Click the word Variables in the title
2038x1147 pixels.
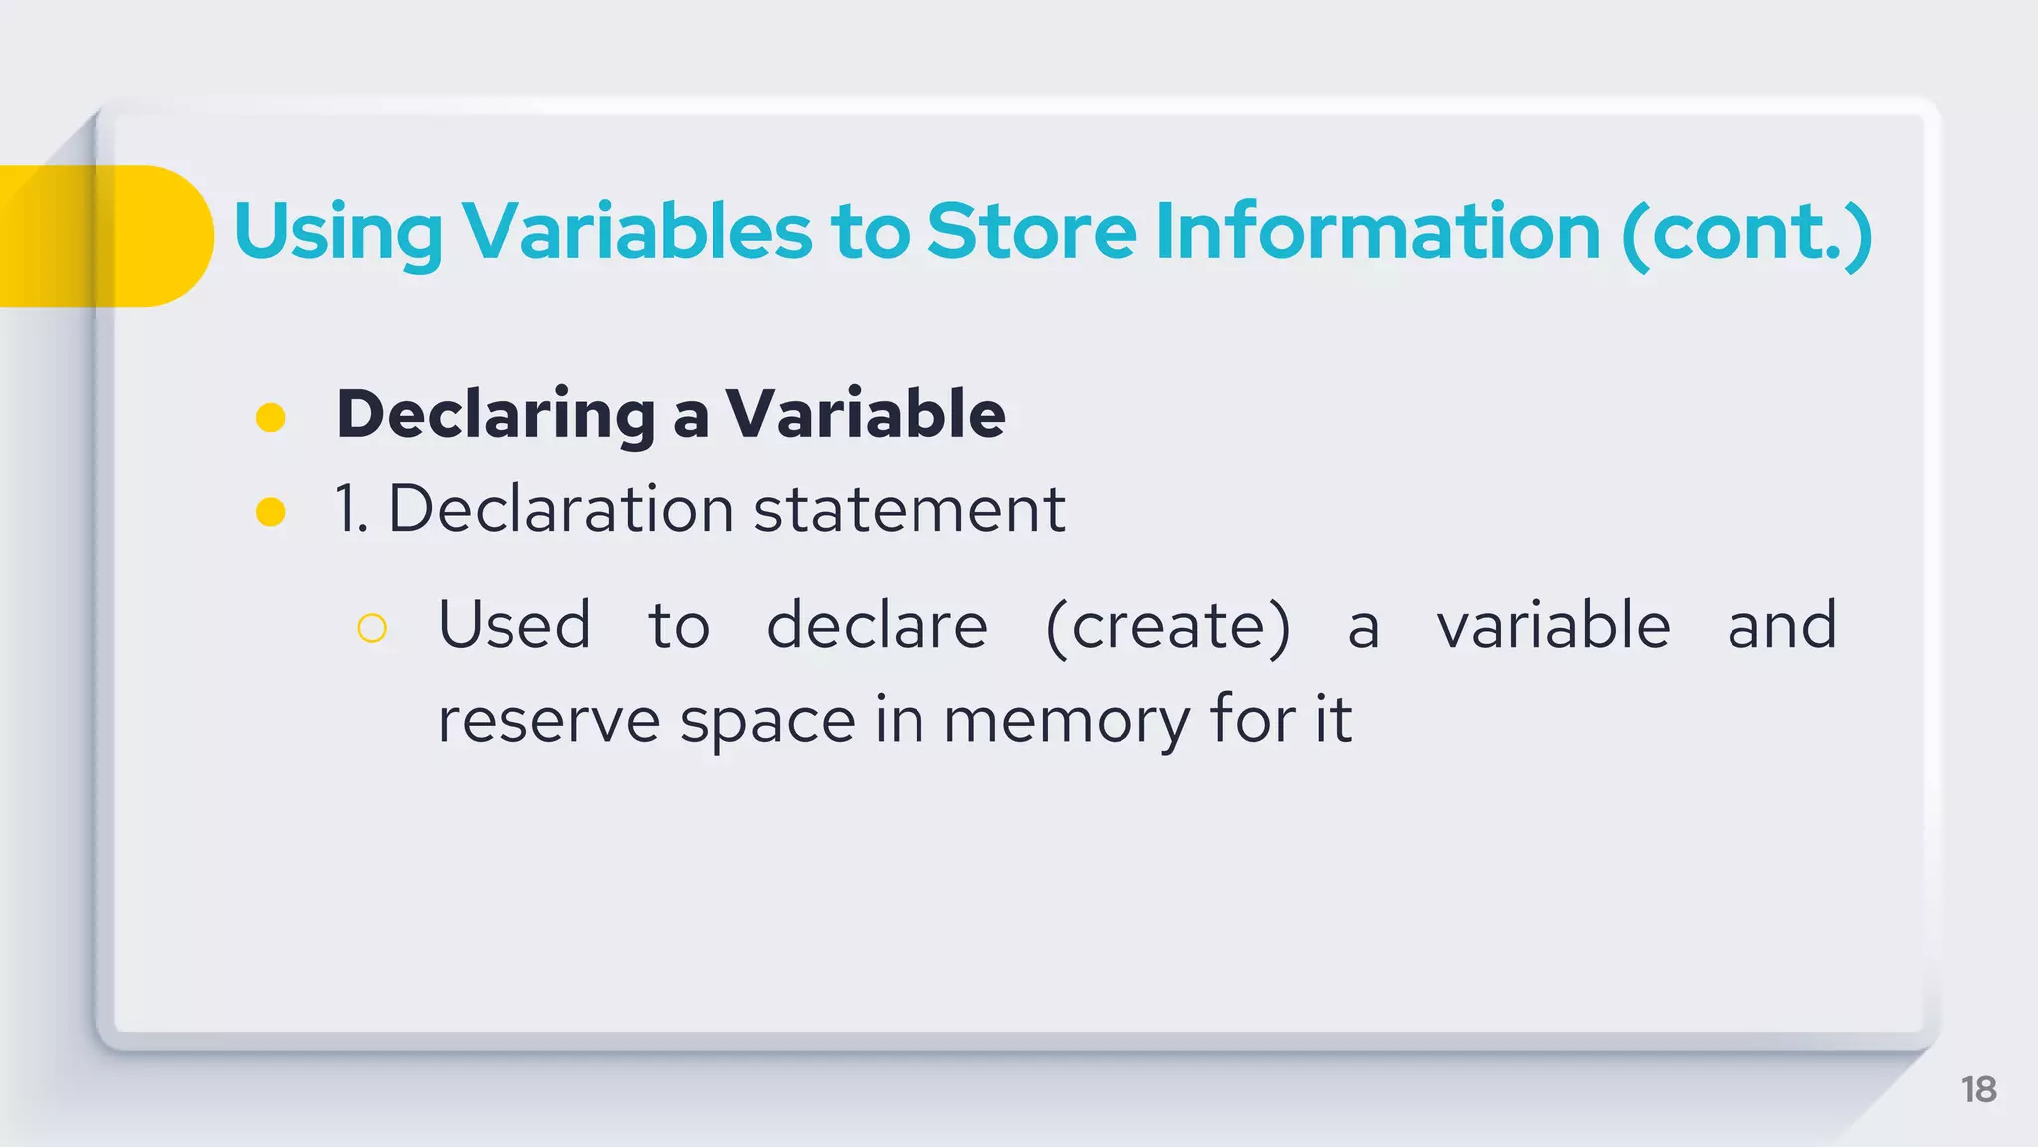pyautogui.click(x=637, y=231)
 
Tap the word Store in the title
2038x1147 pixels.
pyautogui.click(x=1031, y=231)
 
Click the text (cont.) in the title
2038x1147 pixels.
pyautogui.click(x=1746, y=233)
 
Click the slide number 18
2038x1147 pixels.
pyautogui.click(x=1978, y=1089)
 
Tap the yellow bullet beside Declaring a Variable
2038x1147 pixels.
pyautogui.click(x=271, y=417)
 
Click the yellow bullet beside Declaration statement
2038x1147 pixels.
pyautogui.click(x=271, y=512)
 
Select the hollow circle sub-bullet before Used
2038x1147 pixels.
pyautogui.click(x=372, y=628)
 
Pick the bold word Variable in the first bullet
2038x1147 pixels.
pyautogui.click(x=866, y=414)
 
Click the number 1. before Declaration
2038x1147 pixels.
pyautogui.click(x=351, y=510)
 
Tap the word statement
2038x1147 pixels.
pyautogui.click(x=910, y=510)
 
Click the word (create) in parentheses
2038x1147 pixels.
pyautogui.click(x=1167, y=626)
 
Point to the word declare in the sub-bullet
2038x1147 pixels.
pyautogui.click(x=877, y=626)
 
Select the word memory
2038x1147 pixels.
pyautogui.click(x=1066, y=720)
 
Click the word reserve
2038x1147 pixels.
pyautogui.click(x=548, y=720)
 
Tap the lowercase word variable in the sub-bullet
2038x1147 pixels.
pyautogui.click(x=1552, y=626)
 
